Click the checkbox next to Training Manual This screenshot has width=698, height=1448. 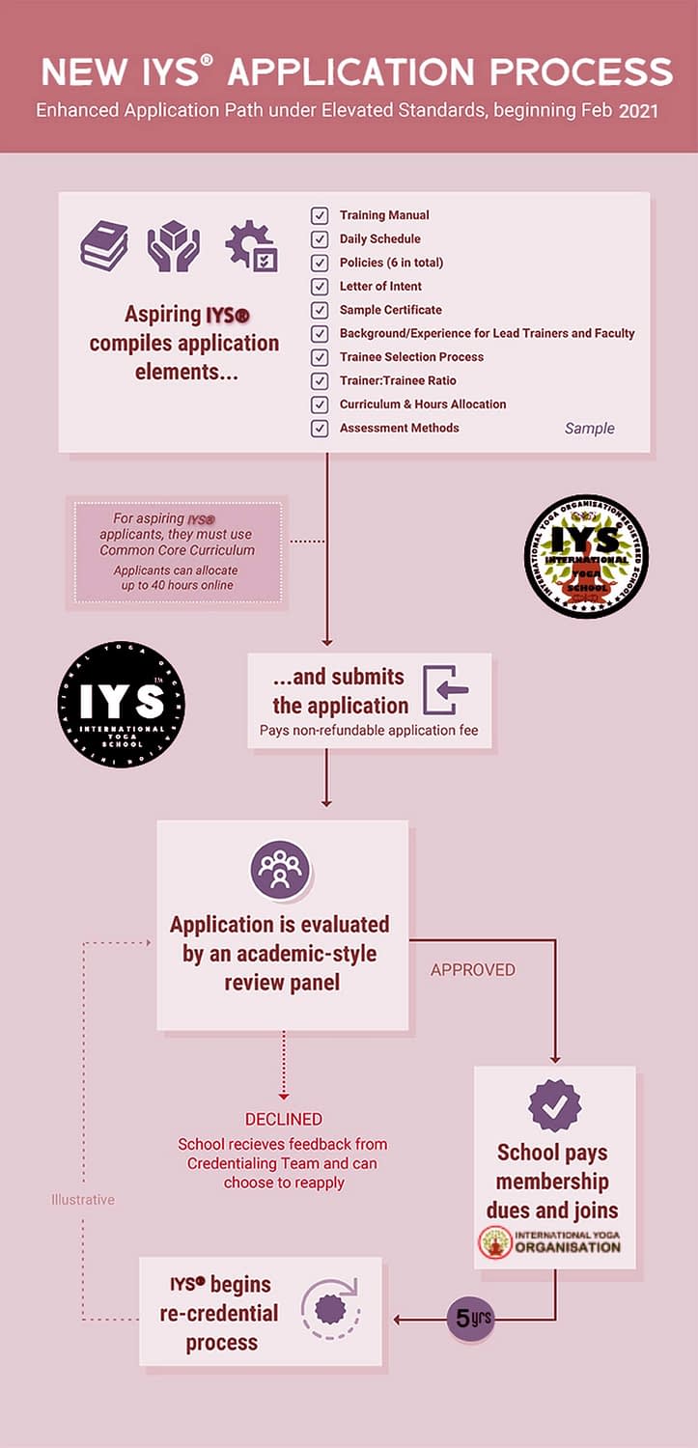point(320,215)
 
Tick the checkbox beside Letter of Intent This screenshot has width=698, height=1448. point(320,287)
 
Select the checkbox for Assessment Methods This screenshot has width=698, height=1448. point(320,429)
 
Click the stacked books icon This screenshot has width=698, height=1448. point(104,245)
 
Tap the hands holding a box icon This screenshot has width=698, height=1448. point(174,245)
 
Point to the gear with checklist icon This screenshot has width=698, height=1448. point(251,246)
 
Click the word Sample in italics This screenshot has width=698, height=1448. point(589,429)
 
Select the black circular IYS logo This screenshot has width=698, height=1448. point(122,705)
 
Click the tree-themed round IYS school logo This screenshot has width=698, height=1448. point(586,557)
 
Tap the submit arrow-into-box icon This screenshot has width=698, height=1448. point(446,691)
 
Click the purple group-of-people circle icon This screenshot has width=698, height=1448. point(280,870)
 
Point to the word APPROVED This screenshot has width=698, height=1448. point(473,969)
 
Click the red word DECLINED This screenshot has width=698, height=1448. point(283,1120)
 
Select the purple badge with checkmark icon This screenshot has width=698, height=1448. point(554,1106)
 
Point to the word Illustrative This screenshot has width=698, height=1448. point(83,1200)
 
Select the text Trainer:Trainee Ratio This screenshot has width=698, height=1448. point(398,381)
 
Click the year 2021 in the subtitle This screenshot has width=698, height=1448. point(639,111)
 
